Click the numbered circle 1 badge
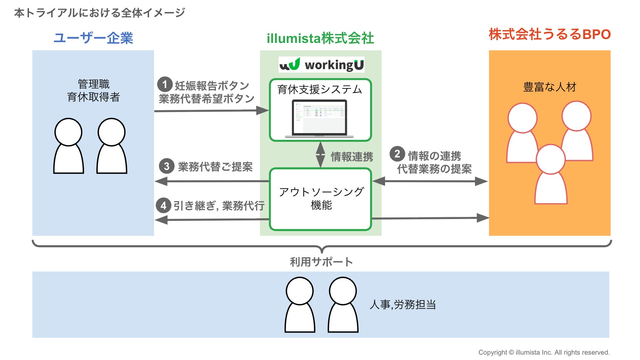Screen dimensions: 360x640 (x=165, y=85)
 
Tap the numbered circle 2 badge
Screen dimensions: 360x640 (x=397, y=154)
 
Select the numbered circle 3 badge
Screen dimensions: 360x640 (x=166, y=166)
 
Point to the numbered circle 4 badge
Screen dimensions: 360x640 (x=164, y=205)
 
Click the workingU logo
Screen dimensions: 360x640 (x=321, y=65)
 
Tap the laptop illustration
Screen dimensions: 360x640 (x=320, y=119)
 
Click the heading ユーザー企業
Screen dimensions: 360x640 (x=93, y=38)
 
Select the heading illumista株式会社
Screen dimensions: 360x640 (x=320, y=38)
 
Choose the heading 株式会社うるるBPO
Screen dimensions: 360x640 (x=549, y=34)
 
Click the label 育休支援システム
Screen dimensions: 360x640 (x=320, y=89)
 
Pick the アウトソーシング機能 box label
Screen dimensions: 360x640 (x=321, y=198)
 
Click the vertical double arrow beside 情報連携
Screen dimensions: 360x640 (x=321, y=155)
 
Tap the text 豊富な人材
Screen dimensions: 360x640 (x=549, y=87)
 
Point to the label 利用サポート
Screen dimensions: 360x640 (x=321, y=262)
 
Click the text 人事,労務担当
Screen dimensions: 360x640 (x=403, y=305)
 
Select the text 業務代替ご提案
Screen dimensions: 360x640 (x=215, y=167)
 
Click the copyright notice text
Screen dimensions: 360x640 (x=544, y=352)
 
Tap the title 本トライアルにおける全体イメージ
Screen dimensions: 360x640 (x=100, y=13)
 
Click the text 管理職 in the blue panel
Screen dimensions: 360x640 (x=94, y=84)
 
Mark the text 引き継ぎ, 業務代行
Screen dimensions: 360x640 (x=219, y=206)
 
